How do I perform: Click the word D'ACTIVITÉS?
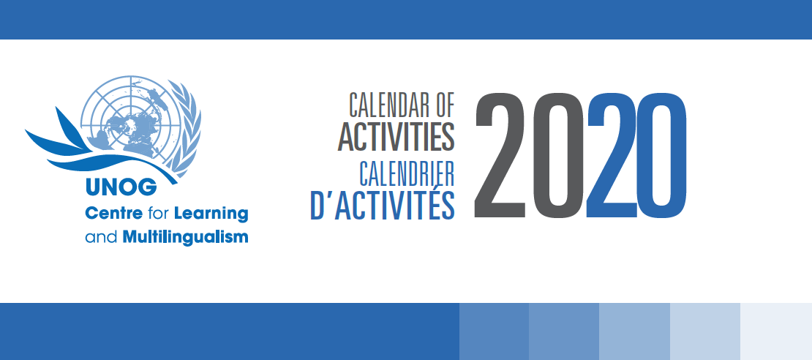383,205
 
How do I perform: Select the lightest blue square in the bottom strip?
776,331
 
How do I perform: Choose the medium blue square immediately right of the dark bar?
494,331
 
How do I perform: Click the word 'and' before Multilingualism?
100,237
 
